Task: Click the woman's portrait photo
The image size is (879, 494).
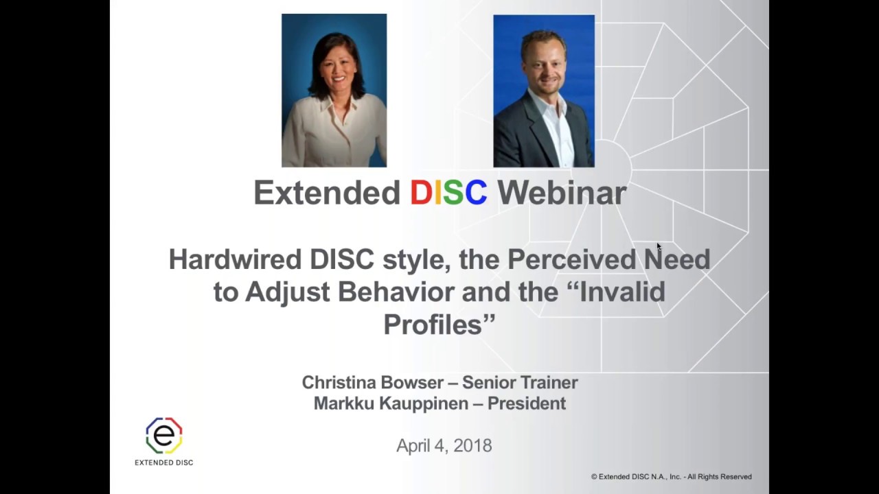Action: coord(334,91)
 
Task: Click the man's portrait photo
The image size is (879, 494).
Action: coord(544,91)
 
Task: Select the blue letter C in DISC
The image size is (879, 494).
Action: coord(476,193)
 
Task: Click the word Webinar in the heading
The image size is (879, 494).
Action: coord(562,193)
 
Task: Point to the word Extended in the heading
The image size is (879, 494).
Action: coord(327,193)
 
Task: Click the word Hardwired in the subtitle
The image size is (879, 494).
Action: coord(235,259)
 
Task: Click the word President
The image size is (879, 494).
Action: coord(527,403)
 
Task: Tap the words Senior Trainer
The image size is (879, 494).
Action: coord(520,382)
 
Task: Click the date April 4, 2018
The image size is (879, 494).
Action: coord(444,446)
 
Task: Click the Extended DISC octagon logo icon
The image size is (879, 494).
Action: coord(163,436)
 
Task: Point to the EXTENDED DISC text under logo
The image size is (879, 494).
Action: coord(163,462)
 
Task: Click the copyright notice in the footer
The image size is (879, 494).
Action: coord(671,477)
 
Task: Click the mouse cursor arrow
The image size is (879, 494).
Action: coord(659,247)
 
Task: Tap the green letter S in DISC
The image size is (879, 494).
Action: coord(453,193)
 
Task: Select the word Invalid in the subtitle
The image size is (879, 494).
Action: coord(623,292)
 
